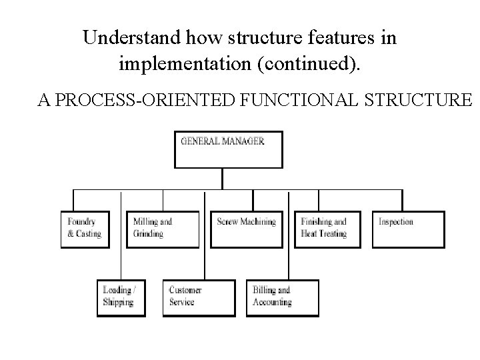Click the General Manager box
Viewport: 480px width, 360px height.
(228, 149)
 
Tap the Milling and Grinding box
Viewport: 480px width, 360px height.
(163, 229)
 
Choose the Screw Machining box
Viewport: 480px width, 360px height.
(247, 229)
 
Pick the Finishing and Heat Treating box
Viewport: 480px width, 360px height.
(328, 229)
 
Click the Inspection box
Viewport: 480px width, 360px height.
(408, 229)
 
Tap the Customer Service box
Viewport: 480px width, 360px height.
(199, 297)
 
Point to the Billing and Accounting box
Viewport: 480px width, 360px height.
(283, 297)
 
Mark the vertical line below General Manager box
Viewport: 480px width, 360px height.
(223, 179)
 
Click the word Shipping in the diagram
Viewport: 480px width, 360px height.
(119, 302)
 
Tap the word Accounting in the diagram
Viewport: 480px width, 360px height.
(272, 302)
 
